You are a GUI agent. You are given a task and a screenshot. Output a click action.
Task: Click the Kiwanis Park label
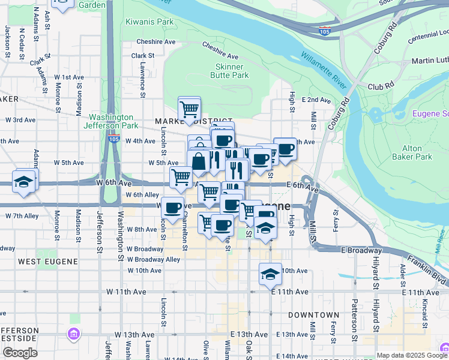[149, 22]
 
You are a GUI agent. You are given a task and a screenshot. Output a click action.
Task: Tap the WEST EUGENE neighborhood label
[47, 262]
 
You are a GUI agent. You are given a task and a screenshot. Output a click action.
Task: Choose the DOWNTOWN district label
[313, 314]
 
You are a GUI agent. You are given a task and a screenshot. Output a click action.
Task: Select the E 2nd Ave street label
[317, 100]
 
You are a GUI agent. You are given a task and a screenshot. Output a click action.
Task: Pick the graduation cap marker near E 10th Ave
[270, 274]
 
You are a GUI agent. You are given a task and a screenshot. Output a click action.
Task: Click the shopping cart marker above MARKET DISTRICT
[189, 109]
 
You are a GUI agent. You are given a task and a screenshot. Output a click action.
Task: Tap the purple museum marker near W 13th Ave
[74, 334]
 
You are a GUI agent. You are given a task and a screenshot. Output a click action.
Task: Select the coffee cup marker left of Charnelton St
[172, 208]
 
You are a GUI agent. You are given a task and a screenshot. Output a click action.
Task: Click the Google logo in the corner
[20, 353]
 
